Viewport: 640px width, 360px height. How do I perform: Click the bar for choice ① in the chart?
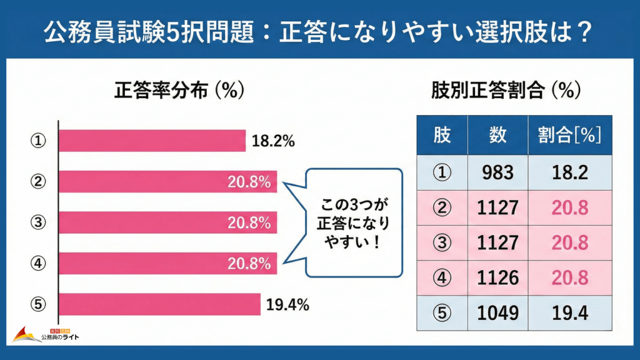click(152, 141)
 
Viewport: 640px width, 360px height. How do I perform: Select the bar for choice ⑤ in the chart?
click(159, 304)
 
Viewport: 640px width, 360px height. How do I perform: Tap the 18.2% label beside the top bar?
click(273, 141)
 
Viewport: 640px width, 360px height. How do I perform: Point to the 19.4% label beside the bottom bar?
click(288, 305)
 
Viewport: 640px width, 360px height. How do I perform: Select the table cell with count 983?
click(497, 173)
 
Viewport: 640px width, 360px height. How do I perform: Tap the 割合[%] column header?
click(569, 135)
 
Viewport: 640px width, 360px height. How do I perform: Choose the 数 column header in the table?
click(497, 135)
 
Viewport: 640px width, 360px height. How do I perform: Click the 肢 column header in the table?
click(442, 135)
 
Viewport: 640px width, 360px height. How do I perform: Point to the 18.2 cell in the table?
click(569, 173)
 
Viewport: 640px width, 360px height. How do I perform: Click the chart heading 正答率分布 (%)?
click(179, 91)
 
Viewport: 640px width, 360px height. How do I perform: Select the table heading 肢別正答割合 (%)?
click(506, 91)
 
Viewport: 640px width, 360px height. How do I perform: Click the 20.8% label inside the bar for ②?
click(249, 182)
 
